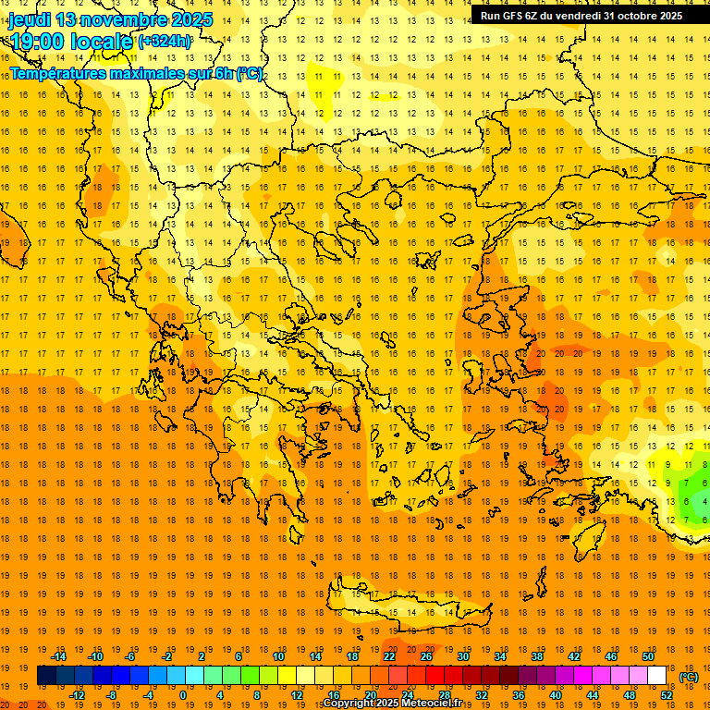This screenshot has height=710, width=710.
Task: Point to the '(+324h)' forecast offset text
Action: (x=165, y=41)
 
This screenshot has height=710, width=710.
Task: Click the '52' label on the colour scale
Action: (x=667, y=695)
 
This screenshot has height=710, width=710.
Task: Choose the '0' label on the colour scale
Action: (x=182, y=695)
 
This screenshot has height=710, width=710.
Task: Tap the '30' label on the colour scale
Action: (x=462, y=656)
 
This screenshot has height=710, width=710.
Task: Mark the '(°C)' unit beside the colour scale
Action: (x=689, y=677)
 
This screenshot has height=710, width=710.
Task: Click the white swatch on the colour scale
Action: (x=657, y=676)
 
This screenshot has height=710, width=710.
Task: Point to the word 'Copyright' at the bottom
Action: (x=349, y=704)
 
